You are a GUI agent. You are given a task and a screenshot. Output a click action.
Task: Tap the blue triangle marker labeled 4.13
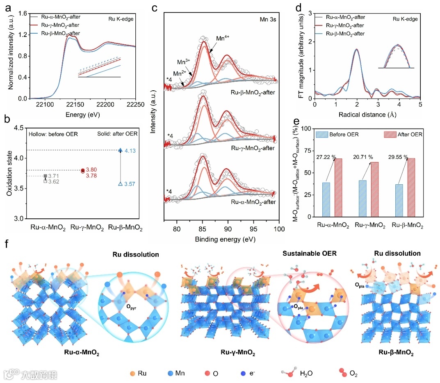120,150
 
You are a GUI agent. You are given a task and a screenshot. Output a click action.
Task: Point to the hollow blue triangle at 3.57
120,184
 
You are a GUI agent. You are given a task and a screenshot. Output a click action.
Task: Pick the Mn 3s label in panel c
264,18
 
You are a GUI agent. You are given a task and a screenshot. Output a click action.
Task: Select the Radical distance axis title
367,115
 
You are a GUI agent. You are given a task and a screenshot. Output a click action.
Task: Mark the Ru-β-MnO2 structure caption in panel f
394,353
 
